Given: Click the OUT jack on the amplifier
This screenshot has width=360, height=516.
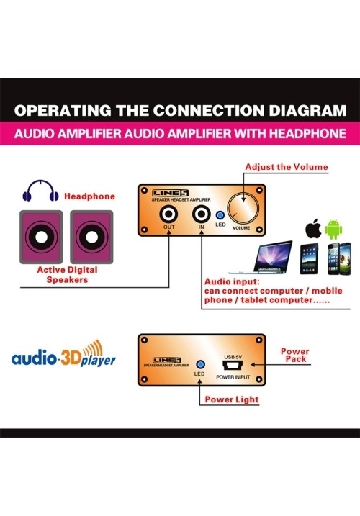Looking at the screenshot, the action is coord(168,214).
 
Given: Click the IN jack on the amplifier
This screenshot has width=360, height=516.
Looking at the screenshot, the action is coord(202,214).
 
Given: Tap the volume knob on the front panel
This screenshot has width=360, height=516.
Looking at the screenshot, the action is coord(243,209).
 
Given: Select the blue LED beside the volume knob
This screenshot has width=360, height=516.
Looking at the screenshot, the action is coord(220,215).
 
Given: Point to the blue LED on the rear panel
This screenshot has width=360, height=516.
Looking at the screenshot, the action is coord(200,365).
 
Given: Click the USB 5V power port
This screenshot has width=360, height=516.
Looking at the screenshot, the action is coord(233,366).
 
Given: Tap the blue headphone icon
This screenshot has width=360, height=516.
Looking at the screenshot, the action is coord(40,191).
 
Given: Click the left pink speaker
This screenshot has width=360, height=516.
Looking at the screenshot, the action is coord(41,237).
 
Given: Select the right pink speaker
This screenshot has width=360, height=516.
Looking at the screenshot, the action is coord(91,237).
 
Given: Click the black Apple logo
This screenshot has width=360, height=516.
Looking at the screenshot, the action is coord(313,229).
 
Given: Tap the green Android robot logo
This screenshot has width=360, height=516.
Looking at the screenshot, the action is coord(333,229).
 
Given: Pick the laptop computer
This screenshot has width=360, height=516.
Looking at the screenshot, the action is coord(261,258).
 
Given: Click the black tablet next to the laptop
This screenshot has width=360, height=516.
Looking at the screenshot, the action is coord(309,258).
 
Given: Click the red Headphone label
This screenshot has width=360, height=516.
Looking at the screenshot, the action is coord(89,196).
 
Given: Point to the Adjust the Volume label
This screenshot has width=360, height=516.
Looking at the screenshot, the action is coord(287,167).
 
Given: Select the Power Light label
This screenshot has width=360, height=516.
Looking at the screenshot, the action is coord(232,399).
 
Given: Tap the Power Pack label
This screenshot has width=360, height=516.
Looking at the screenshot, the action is coord(295,355).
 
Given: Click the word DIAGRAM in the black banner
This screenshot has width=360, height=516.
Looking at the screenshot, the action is coord(307,111).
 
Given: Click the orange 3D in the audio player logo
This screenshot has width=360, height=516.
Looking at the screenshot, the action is coord(71,358).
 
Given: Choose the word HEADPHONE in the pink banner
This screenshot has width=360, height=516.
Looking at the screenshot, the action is coord(307,134).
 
